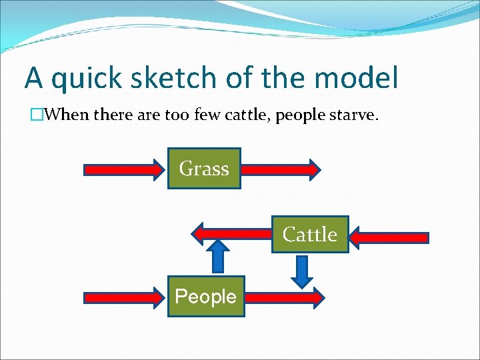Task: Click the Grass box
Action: pyautogui.click(x=203, y=169)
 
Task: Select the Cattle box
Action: pyautogui.click(x=310, y=235)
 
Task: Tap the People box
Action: pyautogui.click(x=205, y=296)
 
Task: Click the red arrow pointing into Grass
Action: pyautogui.click(x=124, y=169)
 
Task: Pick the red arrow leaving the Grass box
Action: pyautogui.click(x=280, y=169)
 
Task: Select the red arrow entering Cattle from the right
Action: pyautogui.click(x=389, y=237)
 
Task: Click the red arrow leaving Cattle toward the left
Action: pyautogui.click(x=231, y=233)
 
